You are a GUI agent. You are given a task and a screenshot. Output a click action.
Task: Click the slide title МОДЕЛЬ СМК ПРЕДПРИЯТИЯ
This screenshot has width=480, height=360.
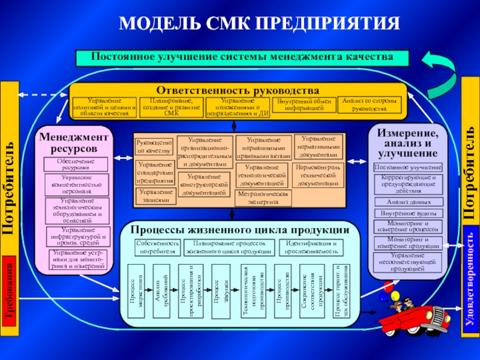point(259,24)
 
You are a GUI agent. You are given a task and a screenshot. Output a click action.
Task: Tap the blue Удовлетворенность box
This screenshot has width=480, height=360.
point(470,280)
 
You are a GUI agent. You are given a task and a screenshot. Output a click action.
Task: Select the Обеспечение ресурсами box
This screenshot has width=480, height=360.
point(77,164)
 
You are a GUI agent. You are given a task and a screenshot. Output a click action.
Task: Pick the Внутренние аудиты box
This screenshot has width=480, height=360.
point(408,213)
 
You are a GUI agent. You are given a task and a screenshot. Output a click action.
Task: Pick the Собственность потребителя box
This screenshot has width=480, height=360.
point(157,247)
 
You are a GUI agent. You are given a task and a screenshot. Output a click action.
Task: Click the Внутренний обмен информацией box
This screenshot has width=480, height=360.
point(305,106)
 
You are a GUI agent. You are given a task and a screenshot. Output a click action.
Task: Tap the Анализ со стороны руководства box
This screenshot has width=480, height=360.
point(369,105)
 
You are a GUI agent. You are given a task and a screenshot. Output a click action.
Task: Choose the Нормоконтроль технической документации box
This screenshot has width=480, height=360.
point(319,173)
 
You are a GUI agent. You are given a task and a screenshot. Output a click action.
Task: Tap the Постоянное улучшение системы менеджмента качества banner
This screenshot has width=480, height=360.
point(242,58)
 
